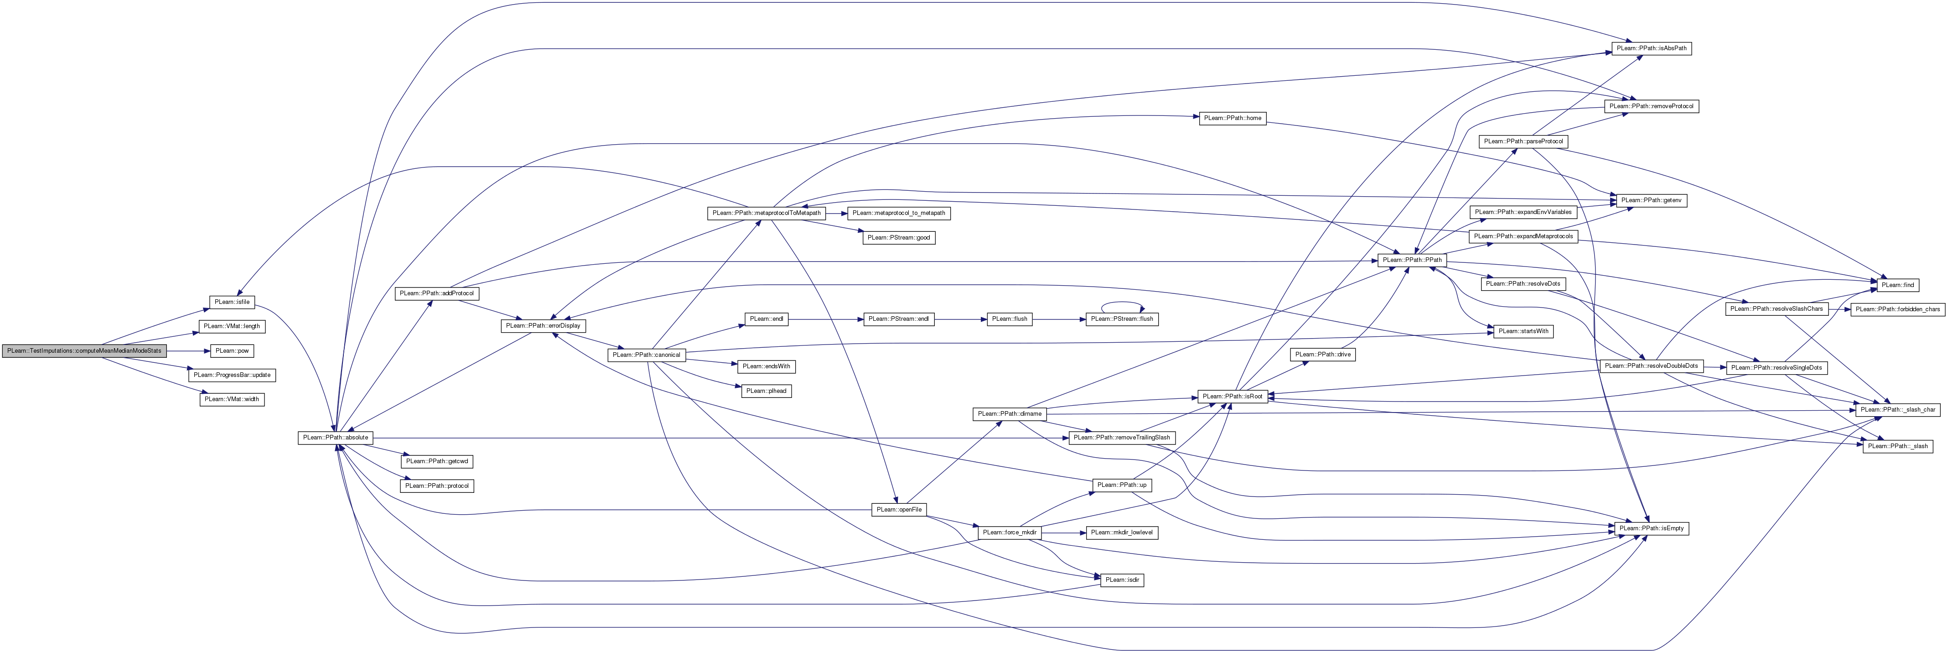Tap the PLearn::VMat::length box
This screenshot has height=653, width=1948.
coord(232,326)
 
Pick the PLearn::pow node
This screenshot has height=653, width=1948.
coord(232,351)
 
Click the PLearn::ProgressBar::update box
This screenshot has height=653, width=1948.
coord(232,375)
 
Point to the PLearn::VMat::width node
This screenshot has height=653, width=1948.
coord(232,399)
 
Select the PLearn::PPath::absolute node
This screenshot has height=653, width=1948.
coord(336,437)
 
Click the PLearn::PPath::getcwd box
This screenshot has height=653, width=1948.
coord(437,461)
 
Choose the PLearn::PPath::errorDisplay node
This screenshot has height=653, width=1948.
coord(544,325)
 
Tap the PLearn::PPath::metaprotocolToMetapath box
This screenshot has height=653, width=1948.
coord(767,213)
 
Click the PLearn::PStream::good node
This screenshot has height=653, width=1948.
coord(899,238)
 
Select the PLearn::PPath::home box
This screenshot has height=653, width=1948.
coord(1233,118)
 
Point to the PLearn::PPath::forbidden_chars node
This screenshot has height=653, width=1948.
coord(1897,309)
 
